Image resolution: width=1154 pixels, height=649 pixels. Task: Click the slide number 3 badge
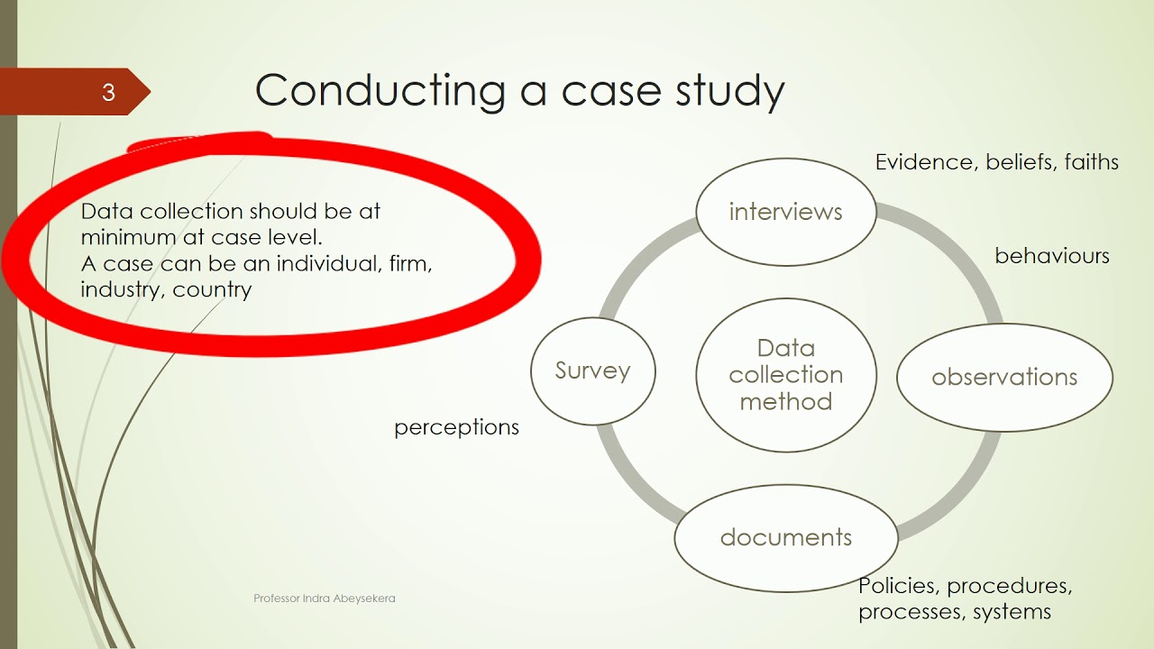[107, 92]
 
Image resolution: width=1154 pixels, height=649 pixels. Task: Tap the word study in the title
[729, 90]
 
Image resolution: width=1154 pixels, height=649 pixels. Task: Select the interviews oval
[785, 212]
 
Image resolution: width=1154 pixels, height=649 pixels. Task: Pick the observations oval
[1004, 377]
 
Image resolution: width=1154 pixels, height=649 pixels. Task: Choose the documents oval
[785, 537]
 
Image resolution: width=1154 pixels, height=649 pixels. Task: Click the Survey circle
[592, 370]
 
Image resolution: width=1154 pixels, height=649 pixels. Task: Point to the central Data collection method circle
[785, 374]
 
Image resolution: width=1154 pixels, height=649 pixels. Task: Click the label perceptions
[456, 427]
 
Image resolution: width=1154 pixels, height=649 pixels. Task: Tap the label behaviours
[1052, 256]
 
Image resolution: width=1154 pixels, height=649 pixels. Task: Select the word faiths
[1091, 162]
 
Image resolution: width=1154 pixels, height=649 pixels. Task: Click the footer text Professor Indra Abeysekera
[325, 599]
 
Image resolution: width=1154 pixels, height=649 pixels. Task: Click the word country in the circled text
[212, 290]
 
